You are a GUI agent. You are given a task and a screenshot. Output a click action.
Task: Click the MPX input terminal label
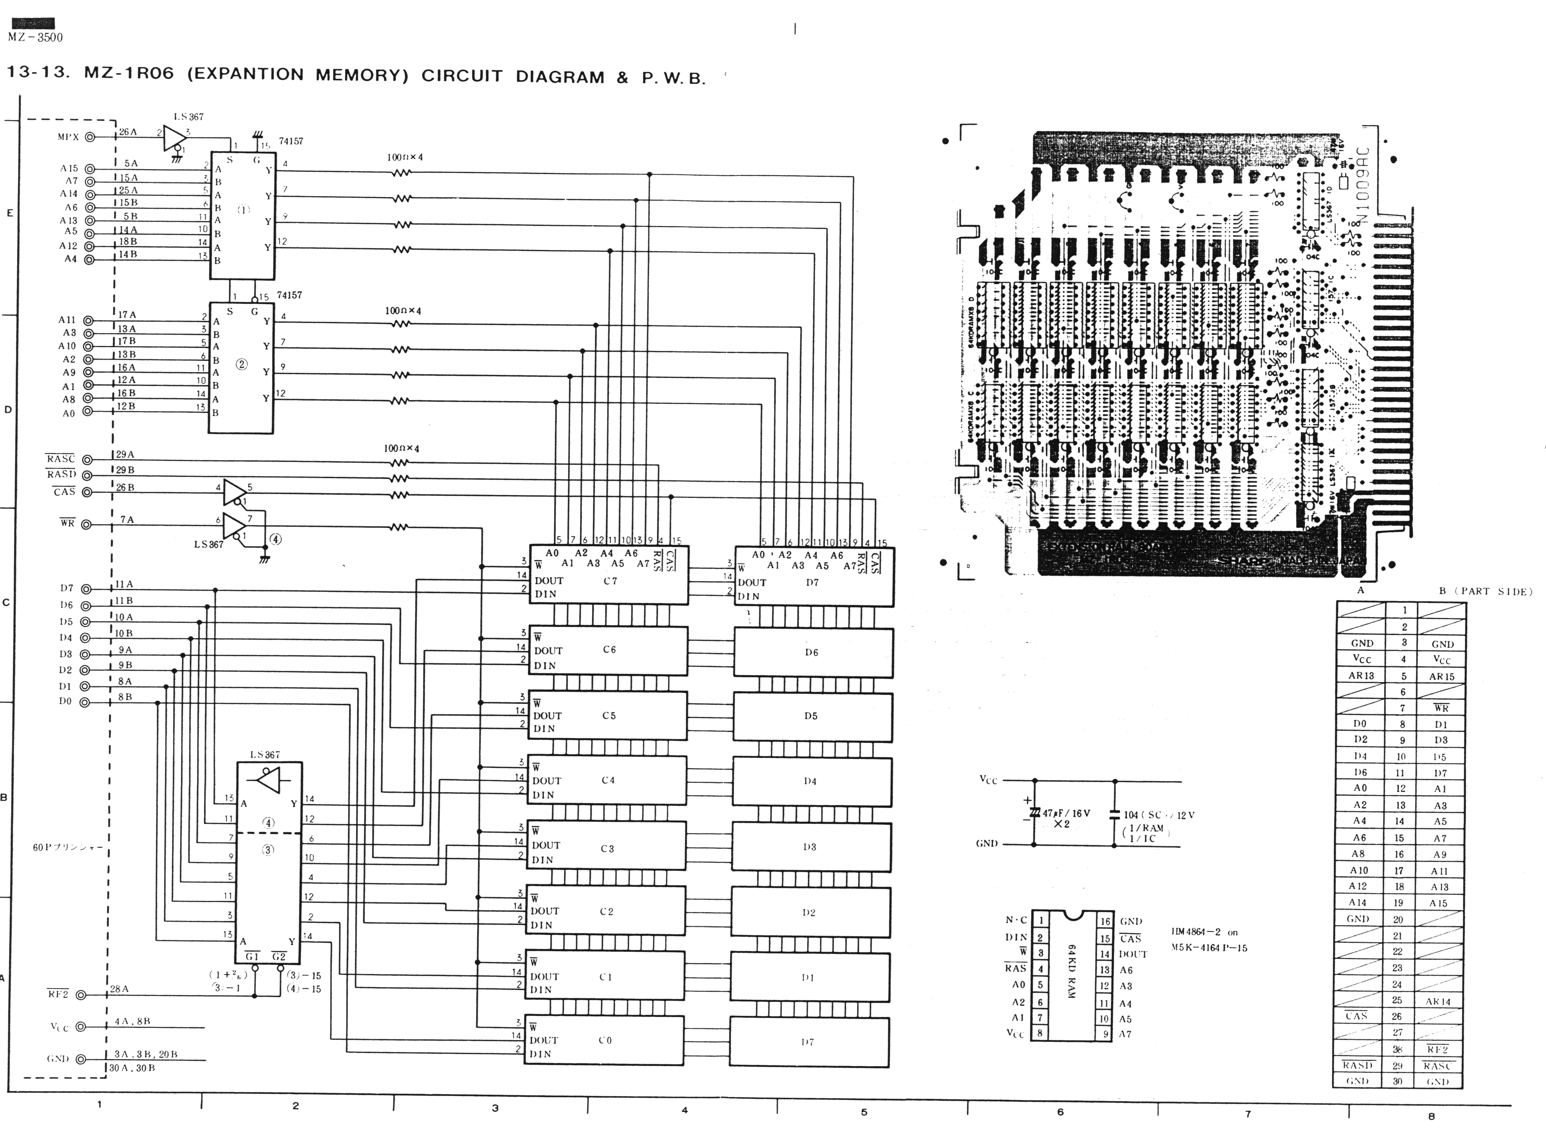(68, 137)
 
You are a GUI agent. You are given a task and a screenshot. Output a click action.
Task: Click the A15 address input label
(69, 168)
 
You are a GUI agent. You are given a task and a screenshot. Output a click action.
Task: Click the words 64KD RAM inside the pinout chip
(1071, 972)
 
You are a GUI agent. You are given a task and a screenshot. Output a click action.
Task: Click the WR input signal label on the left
(67, 523)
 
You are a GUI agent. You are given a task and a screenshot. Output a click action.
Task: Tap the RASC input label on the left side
(61, 459)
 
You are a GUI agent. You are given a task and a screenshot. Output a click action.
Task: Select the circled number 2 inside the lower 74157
(241, 364)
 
